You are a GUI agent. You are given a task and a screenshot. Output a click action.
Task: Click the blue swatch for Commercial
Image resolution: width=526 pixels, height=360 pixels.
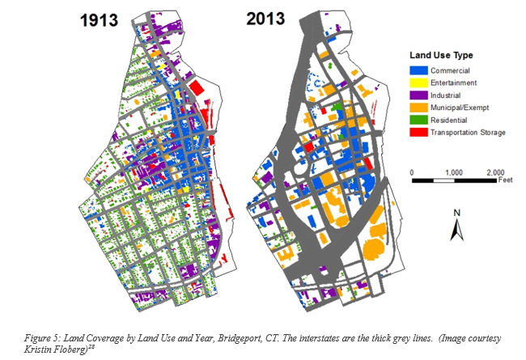(x=416, y=71)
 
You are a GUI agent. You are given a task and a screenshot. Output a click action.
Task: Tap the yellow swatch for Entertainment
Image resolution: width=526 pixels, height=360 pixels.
(x=416, y=83)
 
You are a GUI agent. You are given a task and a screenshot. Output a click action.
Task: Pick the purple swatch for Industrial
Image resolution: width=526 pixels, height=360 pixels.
(x=416, y=95)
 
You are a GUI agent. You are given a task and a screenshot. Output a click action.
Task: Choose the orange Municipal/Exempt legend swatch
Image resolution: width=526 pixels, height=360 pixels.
(x=416, y=107)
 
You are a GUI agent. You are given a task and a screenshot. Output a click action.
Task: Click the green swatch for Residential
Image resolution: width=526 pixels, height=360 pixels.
(x=416, y=119)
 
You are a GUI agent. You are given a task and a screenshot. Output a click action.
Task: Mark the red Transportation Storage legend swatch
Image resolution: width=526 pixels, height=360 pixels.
(x=416, y=131)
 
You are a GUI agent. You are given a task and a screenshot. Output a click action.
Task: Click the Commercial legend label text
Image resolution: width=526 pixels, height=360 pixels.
(x=450, y=71)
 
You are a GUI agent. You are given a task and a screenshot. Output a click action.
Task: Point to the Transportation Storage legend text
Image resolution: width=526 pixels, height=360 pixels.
(x=468, y=132)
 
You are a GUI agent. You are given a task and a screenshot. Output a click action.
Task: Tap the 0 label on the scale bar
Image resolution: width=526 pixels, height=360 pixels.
(x=412, y=173)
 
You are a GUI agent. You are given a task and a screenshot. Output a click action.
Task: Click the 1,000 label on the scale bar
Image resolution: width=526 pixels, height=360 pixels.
(x=454, y=173)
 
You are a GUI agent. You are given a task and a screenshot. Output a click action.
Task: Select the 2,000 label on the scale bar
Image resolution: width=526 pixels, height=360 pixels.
(x=495, y=173)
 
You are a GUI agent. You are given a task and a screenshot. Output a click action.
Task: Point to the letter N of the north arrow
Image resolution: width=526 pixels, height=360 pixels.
(x=456, y=214)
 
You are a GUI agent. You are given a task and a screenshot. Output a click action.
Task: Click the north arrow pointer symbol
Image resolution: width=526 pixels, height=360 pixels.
(x=456, y=231)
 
